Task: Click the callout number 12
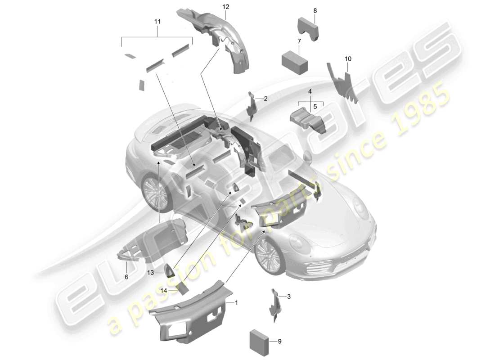point(225,7)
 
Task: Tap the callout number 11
point(157,21)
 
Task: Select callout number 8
point(315,10)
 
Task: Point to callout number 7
point(299,41)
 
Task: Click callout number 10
point(348,59)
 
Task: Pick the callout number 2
point(265,98)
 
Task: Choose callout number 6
point(126,277)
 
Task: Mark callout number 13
point(150,273)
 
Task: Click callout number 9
point(279,342)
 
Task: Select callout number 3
point(289,296)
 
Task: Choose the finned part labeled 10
point(344,81)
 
